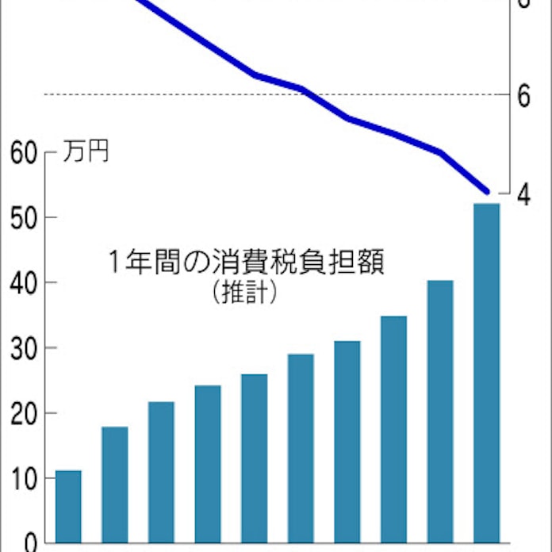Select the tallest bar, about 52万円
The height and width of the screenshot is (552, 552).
[486, 373]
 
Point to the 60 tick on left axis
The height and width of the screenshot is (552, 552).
[24, 151]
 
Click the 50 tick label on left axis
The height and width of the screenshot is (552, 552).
[24, 217]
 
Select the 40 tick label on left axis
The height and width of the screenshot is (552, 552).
[24, 282]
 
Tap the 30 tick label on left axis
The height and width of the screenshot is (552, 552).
[24, 347]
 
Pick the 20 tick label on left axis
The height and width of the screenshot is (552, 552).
[24, 412]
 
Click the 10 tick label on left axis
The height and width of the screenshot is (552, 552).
[24, 477]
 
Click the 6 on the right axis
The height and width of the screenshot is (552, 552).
[523, 95]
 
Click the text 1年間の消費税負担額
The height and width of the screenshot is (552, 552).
[245, 263]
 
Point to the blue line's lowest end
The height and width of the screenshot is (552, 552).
[487, 191]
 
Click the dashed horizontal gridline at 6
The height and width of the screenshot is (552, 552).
[198, 94]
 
